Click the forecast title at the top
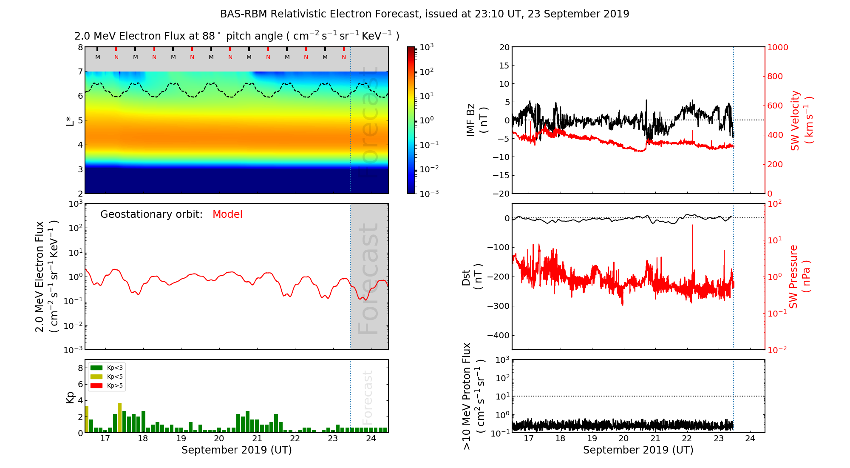[x=424, y=14]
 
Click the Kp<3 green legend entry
[x=107, y=368]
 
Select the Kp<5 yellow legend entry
[x=107, y=377]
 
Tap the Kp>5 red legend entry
[x=107, y=386]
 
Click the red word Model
[x=227, y=214]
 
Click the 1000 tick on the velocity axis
[x=777, y=47]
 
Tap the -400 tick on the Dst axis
[x=499, y=335]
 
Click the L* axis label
[x=70, y=120]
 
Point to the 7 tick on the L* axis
[x=80, y=71]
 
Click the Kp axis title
[x=70, y=397]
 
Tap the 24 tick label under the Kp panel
[x=371, y=439]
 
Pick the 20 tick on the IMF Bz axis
[x=504, y=47]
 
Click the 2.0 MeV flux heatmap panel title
[x=237, y=36]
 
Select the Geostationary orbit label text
[x=151, y=214]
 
